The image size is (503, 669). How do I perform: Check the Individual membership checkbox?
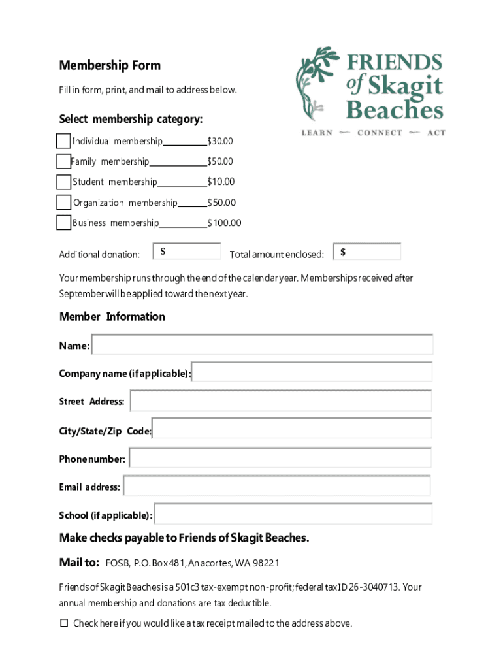(63, 141)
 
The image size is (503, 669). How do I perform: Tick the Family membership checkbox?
(63, 161)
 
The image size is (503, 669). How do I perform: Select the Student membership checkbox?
(63, 182)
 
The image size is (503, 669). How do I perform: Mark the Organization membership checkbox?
(63, 203)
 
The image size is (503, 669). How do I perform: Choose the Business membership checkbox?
(63, 223)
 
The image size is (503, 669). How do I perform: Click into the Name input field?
(263, 345)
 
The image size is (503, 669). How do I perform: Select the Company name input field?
(312, 372)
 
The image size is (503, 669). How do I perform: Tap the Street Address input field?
(281, 401)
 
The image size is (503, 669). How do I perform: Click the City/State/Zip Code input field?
(291, 429)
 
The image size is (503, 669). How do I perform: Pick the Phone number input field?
(280, 458)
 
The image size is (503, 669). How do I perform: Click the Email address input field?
(277, 486)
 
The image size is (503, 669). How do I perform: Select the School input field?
(293, 514)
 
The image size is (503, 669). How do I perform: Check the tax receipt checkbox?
(64, 623)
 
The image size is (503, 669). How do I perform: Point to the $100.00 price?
(224, 223)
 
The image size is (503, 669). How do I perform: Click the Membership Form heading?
(110, 65)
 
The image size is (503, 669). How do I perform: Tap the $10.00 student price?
(221, 182)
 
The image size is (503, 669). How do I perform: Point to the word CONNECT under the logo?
(380, 133)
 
